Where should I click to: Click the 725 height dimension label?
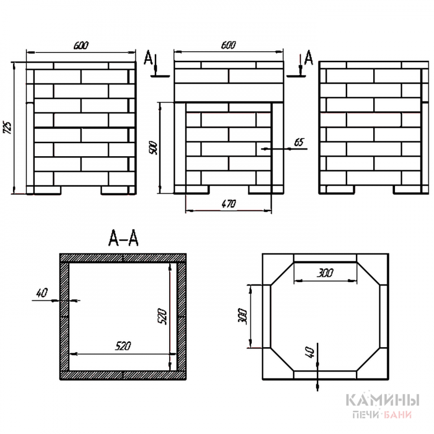click(x=8, y=127)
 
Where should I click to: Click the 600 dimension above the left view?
click(x=81, y=45)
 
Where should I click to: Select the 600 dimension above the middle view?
click(x=229, y=45)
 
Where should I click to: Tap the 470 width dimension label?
click(x=229, y=203)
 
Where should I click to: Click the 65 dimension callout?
click(x=299, y=142)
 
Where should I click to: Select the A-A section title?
click(x=123, y=238)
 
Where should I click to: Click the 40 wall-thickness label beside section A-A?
click(x=42, y=293)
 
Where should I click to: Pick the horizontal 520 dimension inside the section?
click(x=123, y=346)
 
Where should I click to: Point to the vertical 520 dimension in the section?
click(x=163, y=317)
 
